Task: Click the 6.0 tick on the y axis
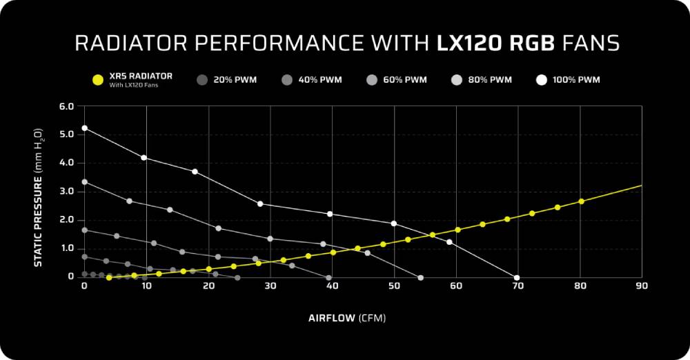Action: pos(66,106)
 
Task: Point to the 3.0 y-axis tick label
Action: pos(66,191)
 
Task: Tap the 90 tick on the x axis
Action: pos(642,286)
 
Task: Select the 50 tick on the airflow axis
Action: pos(393,286)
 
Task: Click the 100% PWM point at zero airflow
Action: pos(84,128)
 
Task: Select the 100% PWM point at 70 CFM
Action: pos(517,277)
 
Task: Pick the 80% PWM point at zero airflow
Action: pos(84,181)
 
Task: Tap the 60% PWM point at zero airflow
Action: pos(84,230)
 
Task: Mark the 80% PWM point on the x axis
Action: pos(420,277)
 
